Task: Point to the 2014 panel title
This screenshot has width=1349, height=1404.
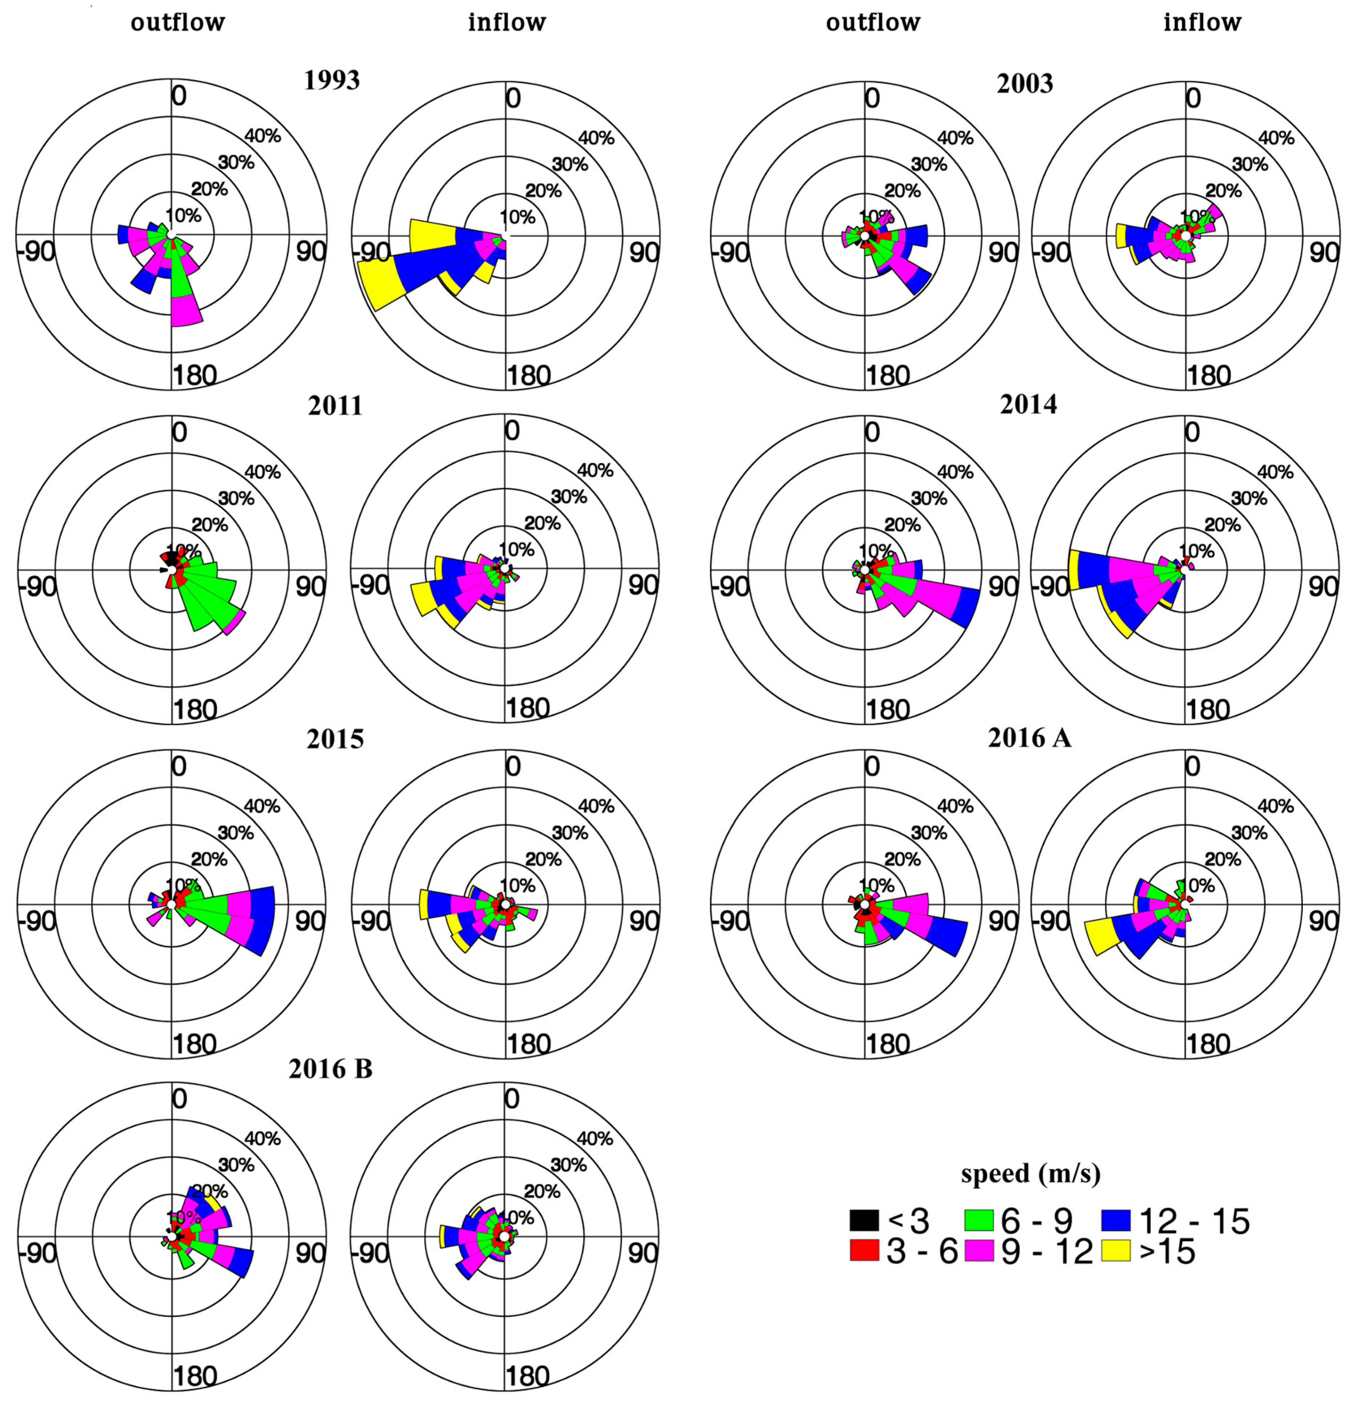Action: click(x=1028, y=405)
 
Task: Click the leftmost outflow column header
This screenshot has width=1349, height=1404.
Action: click(x=178, y=22)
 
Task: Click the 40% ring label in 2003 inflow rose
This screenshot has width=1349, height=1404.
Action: click(x=1276, y=137)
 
